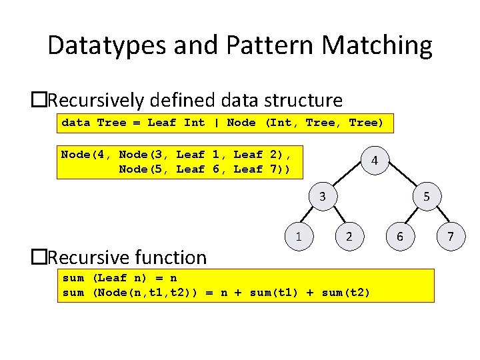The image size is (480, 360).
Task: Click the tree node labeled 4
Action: (x=375, y=161)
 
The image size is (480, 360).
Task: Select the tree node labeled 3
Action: (x=322, y=197)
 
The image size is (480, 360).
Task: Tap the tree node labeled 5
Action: (x=427, y=197)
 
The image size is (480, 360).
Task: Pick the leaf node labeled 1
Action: (x=299, y=236)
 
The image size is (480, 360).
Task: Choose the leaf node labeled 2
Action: (x=349, y=236)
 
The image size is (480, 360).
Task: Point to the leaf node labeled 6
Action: (x=400, y=236)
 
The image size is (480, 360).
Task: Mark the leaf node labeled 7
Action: (x=451, y=236)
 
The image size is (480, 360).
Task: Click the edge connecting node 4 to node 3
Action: (x=348, y=179)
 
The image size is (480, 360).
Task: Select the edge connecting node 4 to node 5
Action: (x=401, y=179)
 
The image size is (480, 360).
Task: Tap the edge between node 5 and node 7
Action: (x=439, y=217)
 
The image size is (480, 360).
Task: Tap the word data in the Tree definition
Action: (x=75, y=123)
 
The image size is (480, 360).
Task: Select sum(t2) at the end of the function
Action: (x=345, y=293)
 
